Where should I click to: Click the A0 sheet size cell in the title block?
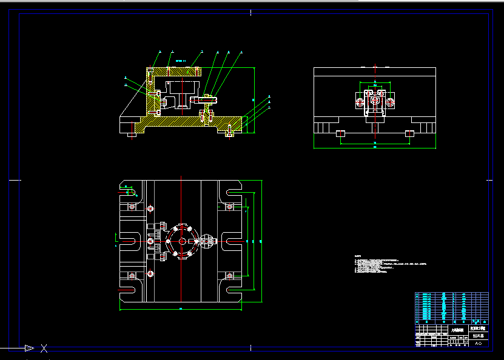(478, 343)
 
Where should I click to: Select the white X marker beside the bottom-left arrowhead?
(44, 348)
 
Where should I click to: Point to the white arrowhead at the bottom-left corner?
(29, 348)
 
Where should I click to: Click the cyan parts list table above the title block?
(451, 307)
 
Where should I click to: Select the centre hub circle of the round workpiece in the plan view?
(182, 241)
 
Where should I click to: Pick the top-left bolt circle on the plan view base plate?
(150, 208)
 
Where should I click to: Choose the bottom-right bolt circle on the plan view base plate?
(229, 276)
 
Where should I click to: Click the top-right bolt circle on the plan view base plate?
(229, 208)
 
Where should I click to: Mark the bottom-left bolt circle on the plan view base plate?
(150, 275)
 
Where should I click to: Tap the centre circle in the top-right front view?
(375, 99)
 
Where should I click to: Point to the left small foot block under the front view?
(340, 133)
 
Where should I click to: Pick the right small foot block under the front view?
(410, 133)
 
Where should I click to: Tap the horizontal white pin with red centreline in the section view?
(203, 99)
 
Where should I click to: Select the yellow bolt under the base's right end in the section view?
(229, 133)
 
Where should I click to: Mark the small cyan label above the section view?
(180, 61)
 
